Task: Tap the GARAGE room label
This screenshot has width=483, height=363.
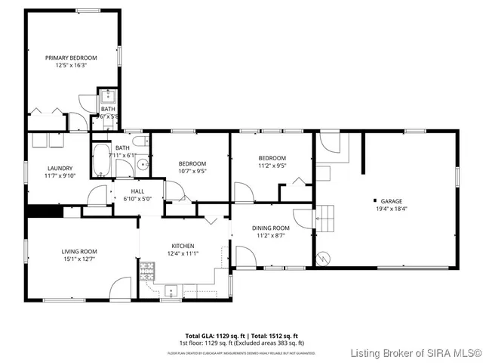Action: (x=390, y=200)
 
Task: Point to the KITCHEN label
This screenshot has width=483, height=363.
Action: (x=183, y=246)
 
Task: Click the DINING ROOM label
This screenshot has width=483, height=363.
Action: (x=271, y=228)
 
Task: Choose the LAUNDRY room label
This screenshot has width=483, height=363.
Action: (x=60, y=168)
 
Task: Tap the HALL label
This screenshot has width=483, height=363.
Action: (x=137, y=191)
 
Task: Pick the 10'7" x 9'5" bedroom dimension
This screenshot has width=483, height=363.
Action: (x=192, y=171)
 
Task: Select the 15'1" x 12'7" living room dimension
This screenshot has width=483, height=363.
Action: (x=79, y=259)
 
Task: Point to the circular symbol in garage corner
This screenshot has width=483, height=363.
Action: (x=323, y=258)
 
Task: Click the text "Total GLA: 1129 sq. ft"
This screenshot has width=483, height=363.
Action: (x=211, y=335)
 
